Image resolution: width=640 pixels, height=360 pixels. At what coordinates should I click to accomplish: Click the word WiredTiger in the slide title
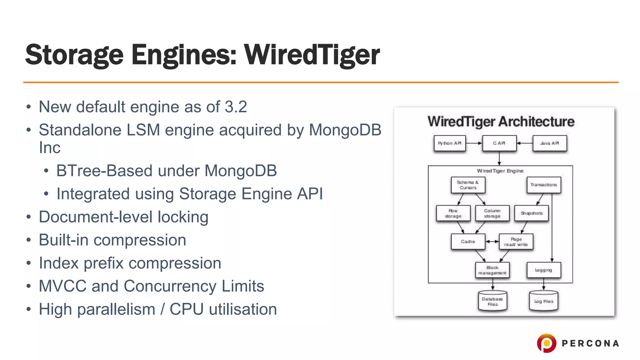(x=312, y=55)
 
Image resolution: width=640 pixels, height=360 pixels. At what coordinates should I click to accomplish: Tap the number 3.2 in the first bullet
(x=236, y=107)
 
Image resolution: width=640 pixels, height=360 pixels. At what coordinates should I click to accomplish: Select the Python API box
(x=449, y=143)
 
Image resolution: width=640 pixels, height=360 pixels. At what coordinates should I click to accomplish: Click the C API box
(x=499, y=143)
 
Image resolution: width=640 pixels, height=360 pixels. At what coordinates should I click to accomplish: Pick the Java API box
(x=549, y=143)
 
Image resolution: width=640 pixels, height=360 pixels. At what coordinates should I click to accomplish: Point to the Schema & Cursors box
(x=468, y=185)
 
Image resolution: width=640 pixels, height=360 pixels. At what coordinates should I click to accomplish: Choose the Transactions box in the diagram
(x=543, y=185)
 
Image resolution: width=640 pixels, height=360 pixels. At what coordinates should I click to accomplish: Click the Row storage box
(x=453, y=213)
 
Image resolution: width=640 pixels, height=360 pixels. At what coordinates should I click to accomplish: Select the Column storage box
(x=492, y=213)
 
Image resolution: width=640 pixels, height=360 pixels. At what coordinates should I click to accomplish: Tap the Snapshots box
(x=532, y=213)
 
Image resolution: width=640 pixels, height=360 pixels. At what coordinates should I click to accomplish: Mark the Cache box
(x=468, y=242)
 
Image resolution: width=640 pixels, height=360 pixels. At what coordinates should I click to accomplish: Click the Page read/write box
(x=516, y=242)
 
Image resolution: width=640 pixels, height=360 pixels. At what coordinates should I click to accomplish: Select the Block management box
(x=492, y=270)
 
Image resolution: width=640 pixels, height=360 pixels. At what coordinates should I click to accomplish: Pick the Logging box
(x=543, y=270)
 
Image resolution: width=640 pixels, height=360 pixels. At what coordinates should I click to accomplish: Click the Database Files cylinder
(x=492, y=301)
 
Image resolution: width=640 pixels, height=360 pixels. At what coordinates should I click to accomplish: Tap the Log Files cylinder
(x=543, y=301)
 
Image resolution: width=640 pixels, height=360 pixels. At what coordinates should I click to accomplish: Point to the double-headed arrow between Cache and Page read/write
(x=492, y=242)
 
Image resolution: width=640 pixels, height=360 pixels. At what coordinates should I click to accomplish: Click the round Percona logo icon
(x=547, y=343)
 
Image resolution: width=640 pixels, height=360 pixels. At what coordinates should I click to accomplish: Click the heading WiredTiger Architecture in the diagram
(x=501, y=122)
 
